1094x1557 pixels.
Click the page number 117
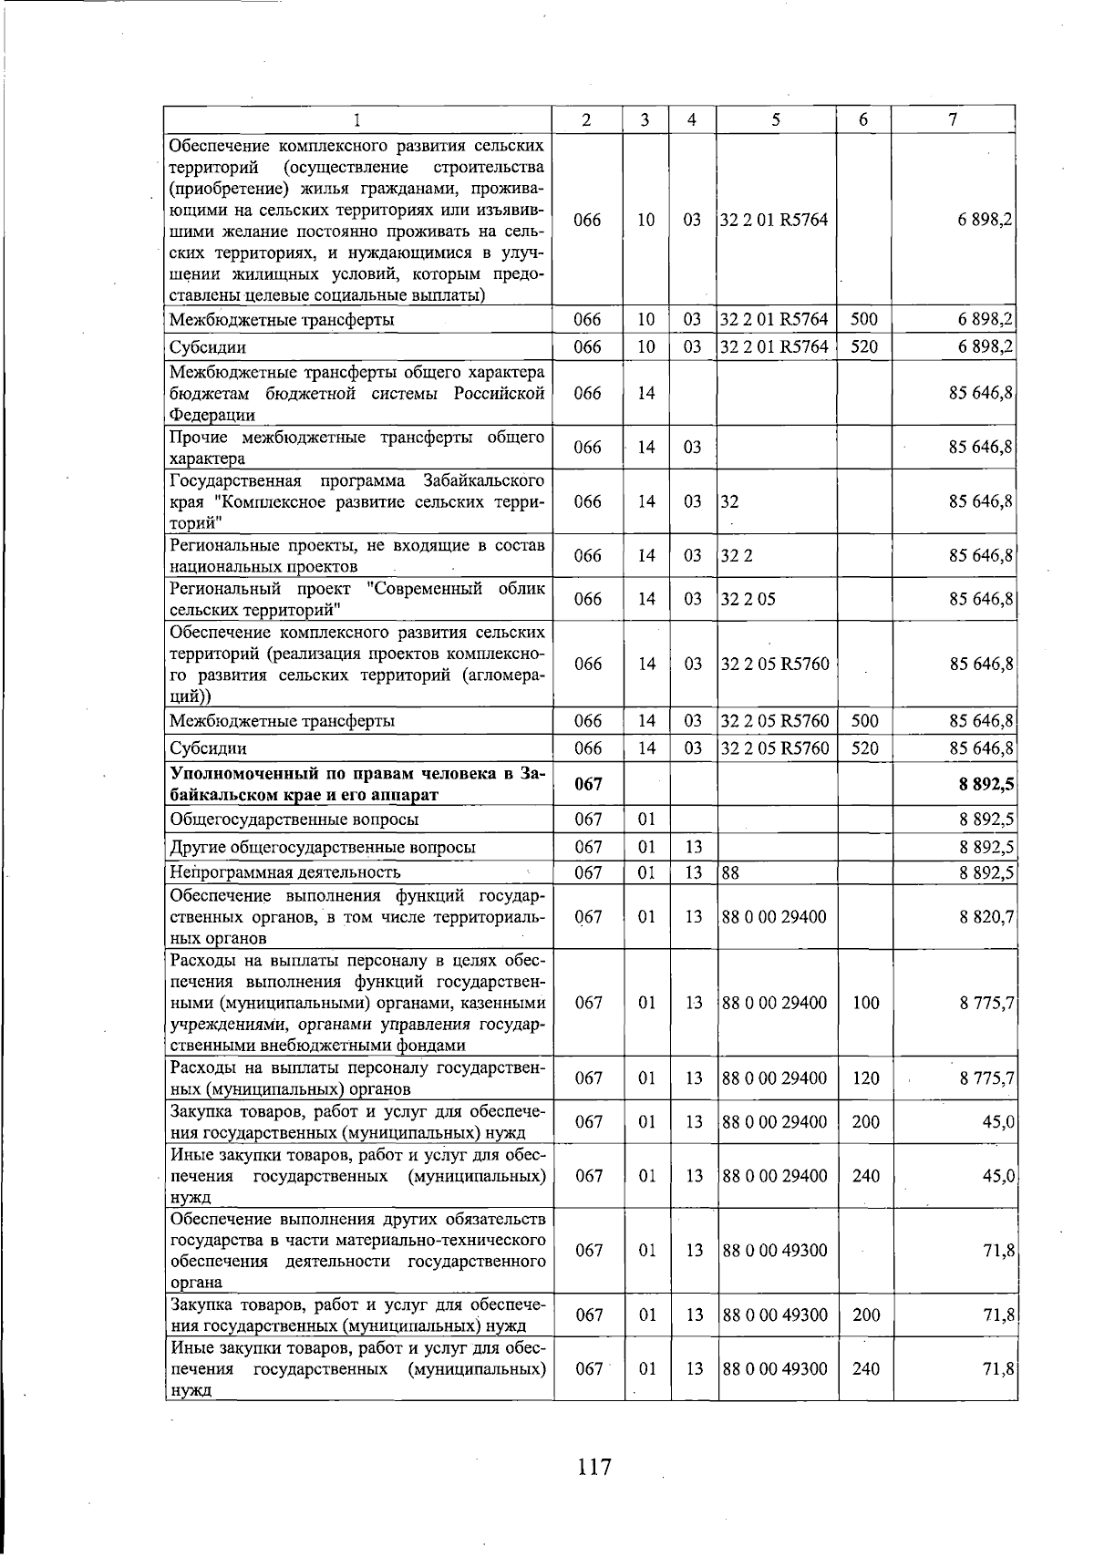click(x=593, y=1467)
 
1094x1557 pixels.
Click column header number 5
click(x=774, y=119)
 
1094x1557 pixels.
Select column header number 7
click(x=952, y=119)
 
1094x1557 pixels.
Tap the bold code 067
click(x=588, y=784)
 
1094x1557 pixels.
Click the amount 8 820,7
click(x=986, y=916)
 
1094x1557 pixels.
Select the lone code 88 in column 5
click(x=730, y=873)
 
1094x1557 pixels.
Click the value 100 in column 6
click(x=865, y=1003)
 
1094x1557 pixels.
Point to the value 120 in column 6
click(x=865, y=1078)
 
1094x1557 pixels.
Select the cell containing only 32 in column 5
click(x=730, y=501)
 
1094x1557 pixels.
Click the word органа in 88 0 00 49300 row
click(x=194, y=1283)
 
